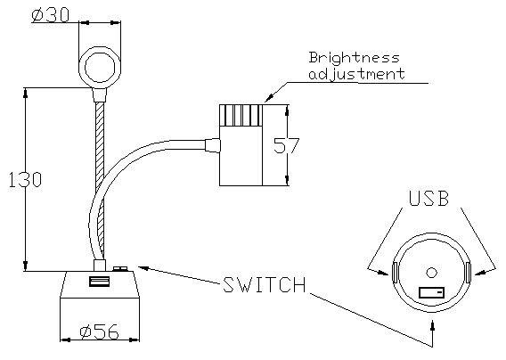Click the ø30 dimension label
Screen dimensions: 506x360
(51, 15)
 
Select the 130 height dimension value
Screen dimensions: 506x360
(25, 179)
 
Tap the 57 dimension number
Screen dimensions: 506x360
(286, 145)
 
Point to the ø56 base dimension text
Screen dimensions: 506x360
(100, 331)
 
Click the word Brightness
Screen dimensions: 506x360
(354, 58)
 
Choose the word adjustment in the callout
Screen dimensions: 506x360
(356, 74)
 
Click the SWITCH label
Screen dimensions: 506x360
(265, 284)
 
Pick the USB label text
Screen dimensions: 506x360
(428, 198)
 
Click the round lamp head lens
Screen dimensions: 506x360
(100, 68)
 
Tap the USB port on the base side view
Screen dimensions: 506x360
(100, 281)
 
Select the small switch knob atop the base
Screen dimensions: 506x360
(120, 268)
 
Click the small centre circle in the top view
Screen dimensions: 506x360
(431, 272)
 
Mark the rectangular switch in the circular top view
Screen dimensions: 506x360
(431, 292)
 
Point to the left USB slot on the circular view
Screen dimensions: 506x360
(395, 272)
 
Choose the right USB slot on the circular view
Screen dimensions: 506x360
(469, 272)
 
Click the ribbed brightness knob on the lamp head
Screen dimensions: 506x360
(241, 115)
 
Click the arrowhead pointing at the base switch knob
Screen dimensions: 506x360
(143, 268)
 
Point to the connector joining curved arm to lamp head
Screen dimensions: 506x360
(213, 145)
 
